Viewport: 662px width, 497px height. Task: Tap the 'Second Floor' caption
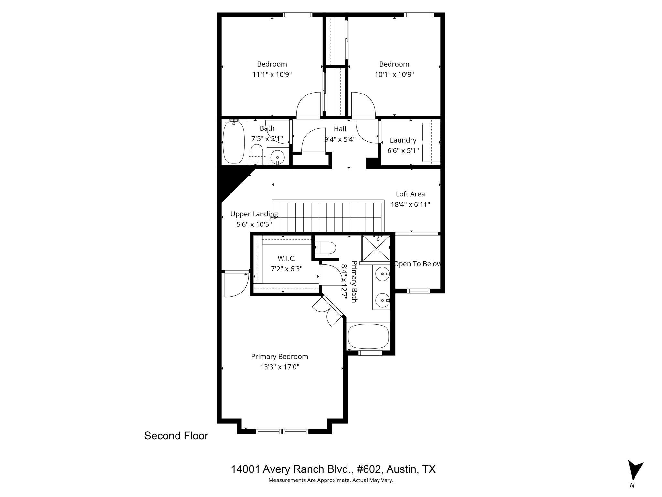(x=176, y=436)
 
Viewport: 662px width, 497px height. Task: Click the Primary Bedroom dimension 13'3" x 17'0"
(x=280, y=367)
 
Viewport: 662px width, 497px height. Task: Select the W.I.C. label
(x=286, y=258)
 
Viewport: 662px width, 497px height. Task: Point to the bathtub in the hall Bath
(x=233, y=142)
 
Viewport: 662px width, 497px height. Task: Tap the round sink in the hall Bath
(x=277, y=158)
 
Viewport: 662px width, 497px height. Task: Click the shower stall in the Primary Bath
(x=376, y=248)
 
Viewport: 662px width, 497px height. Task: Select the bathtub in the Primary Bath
(x=368, y=336)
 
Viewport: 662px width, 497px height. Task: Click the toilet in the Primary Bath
(x=326, y=248)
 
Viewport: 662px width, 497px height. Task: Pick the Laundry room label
(x=403, y=140)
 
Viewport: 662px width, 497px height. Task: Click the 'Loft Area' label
(x=410, y=194)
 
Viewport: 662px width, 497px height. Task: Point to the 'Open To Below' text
(x=417, y=264)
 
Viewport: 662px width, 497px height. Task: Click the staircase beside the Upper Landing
(x=327, y=216)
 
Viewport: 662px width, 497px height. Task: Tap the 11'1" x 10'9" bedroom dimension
(x=272, y=75)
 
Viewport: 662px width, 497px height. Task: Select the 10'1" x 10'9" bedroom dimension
(x=394, y=75)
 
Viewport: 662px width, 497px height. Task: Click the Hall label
(x=340, y=129)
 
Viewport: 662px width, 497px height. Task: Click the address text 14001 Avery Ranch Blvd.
(x=333, y=469)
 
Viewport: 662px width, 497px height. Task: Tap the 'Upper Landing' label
(x=254, y=214)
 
